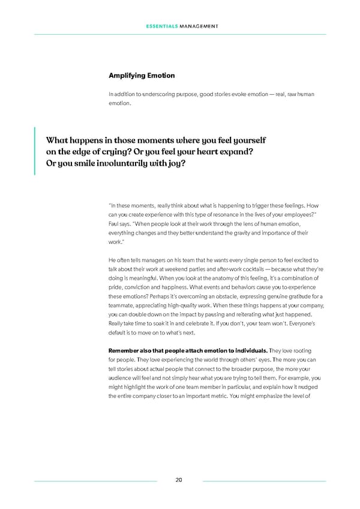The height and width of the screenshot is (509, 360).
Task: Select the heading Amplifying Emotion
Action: pyautogui.click(x=142, y=76)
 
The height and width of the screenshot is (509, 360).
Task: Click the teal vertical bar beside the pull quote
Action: pyautogui.click(x=35, y=151)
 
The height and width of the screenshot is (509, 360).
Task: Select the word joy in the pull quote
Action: pyautogui.click(x=178, y=163)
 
